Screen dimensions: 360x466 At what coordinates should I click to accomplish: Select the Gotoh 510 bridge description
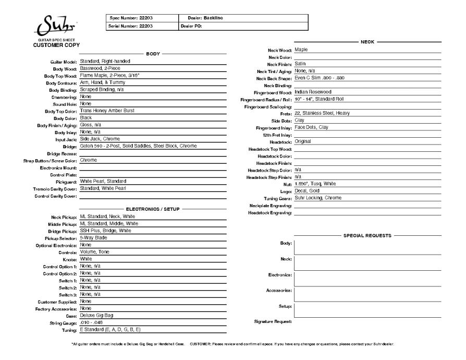click(138, 146)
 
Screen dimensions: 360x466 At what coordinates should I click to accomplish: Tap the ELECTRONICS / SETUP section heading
click(153, 209)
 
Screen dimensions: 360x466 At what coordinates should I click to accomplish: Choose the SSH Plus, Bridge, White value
click(105, 230)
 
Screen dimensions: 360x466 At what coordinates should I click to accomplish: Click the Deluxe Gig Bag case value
click(97, 315)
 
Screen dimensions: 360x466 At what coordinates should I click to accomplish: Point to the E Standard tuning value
click(110, 329)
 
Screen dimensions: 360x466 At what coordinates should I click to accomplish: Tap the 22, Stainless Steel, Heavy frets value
click(322, 113)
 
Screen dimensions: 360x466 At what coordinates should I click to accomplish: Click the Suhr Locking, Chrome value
click(318, 198)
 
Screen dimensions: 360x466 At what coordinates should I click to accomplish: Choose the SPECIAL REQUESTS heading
click(367, 235)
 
